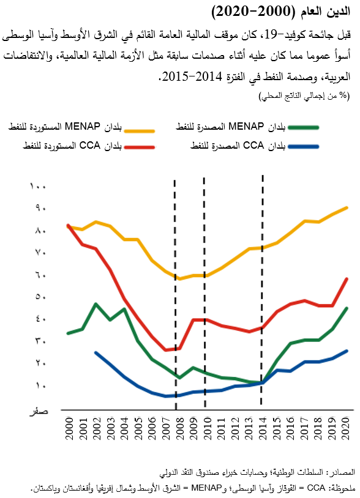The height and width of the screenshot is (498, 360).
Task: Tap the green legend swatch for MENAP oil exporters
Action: pyautogui.click(x=304, y=127)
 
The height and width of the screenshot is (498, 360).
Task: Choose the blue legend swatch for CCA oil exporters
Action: pyautogui.click(x=304, y=147)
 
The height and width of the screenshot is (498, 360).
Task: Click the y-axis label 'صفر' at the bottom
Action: pyautogui.click(x=39, y=411)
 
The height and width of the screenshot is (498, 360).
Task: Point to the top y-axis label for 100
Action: pyautogui.click(x=38, y=185)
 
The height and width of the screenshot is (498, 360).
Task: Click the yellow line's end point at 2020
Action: pyautogui.click(x=347, y=208)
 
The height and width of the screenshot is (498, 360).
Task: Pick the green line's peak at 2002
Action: pyautogui.click(x=96, y=303)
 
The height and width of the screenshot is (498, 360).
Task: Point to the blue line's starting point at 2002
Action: pyautogui.click(x=96, y=352)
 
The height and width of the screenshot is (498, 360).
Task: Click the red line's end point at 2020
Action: pyautogui.click(x=347, y=279)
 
